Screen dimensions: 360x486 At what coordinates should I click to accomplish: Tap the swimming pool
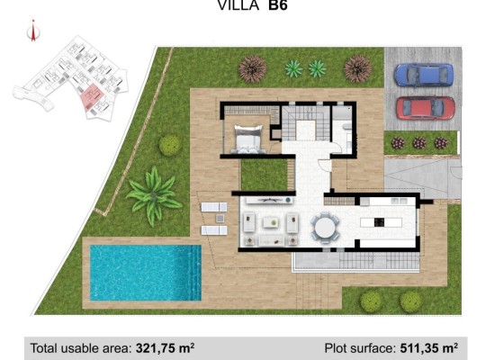(x=144, y=273)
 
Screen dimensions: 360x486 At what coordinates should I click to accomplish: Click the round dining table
(x=325, y=227)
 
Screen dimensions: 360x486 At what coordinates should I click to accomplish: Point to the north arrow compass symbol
(x=33, y=32)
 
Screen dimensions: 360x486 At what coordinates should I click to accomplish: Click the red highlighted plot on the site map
(x=91, y=96)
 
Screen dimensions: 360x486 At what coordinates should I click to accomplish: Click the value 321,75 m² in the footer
(x=165, y=346)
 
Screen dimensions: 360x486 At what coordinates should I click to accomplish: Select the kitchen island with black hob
(x=378, y=221)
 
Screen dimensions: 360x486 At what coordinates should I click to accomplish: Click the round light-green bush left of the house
(x=169, y=145)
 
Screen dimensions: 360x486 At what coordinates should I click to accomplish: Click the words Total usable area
(x=80, y=346)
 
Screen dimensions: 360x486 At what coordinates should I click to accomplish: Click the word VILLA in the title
(x=236, y=5)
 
